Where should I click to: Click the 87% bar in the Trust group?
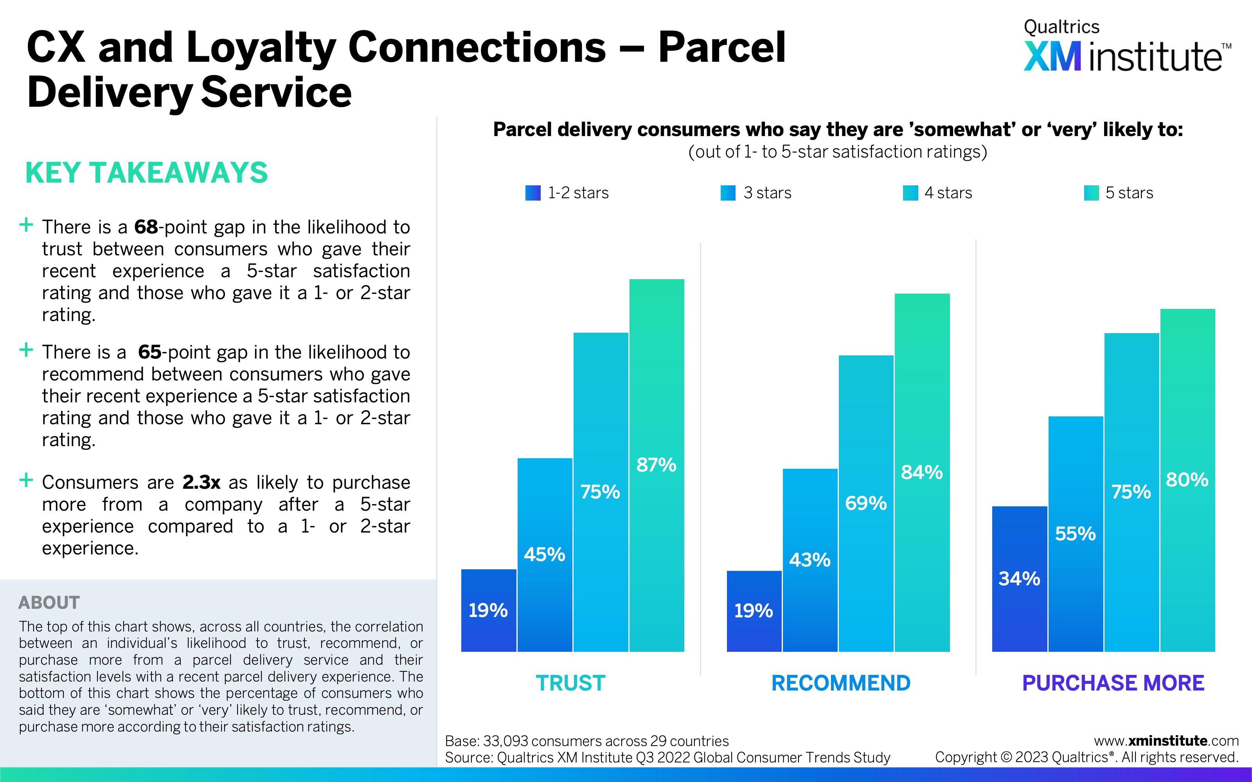(x=657, y=465)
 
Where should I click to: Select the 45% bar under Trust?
(x=545, y=555)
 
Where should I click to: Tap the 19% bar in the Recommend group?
(x=754, y=611)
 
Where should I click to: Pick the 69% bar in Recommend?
(x=866, y=503)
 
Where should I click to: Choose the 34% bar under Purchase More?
(x=1019, y=579)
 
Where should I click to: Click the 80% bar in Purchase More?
(x=1187, y=480)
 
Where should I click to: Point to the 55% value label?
(x=1075, y=534)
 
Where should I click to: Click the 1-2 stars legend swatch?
(x=533, y=193)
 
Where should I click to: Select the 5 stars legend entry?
(x=1119, y=193)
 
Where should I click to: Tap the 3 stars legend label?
(x=767, y=193)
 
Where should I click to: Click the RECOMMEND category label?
(x=841, y=683)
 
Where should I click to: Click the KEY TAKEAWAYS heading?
(x=146, y=173)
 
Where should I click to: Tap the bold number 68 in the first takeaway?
(x=146, y=227)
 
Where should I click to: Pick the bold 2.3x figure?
(x=201, y=482)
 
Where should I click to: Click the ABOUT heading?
(x=49, y=603)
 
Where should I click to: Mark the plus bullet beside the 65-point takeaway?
(x=26, y=350)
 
